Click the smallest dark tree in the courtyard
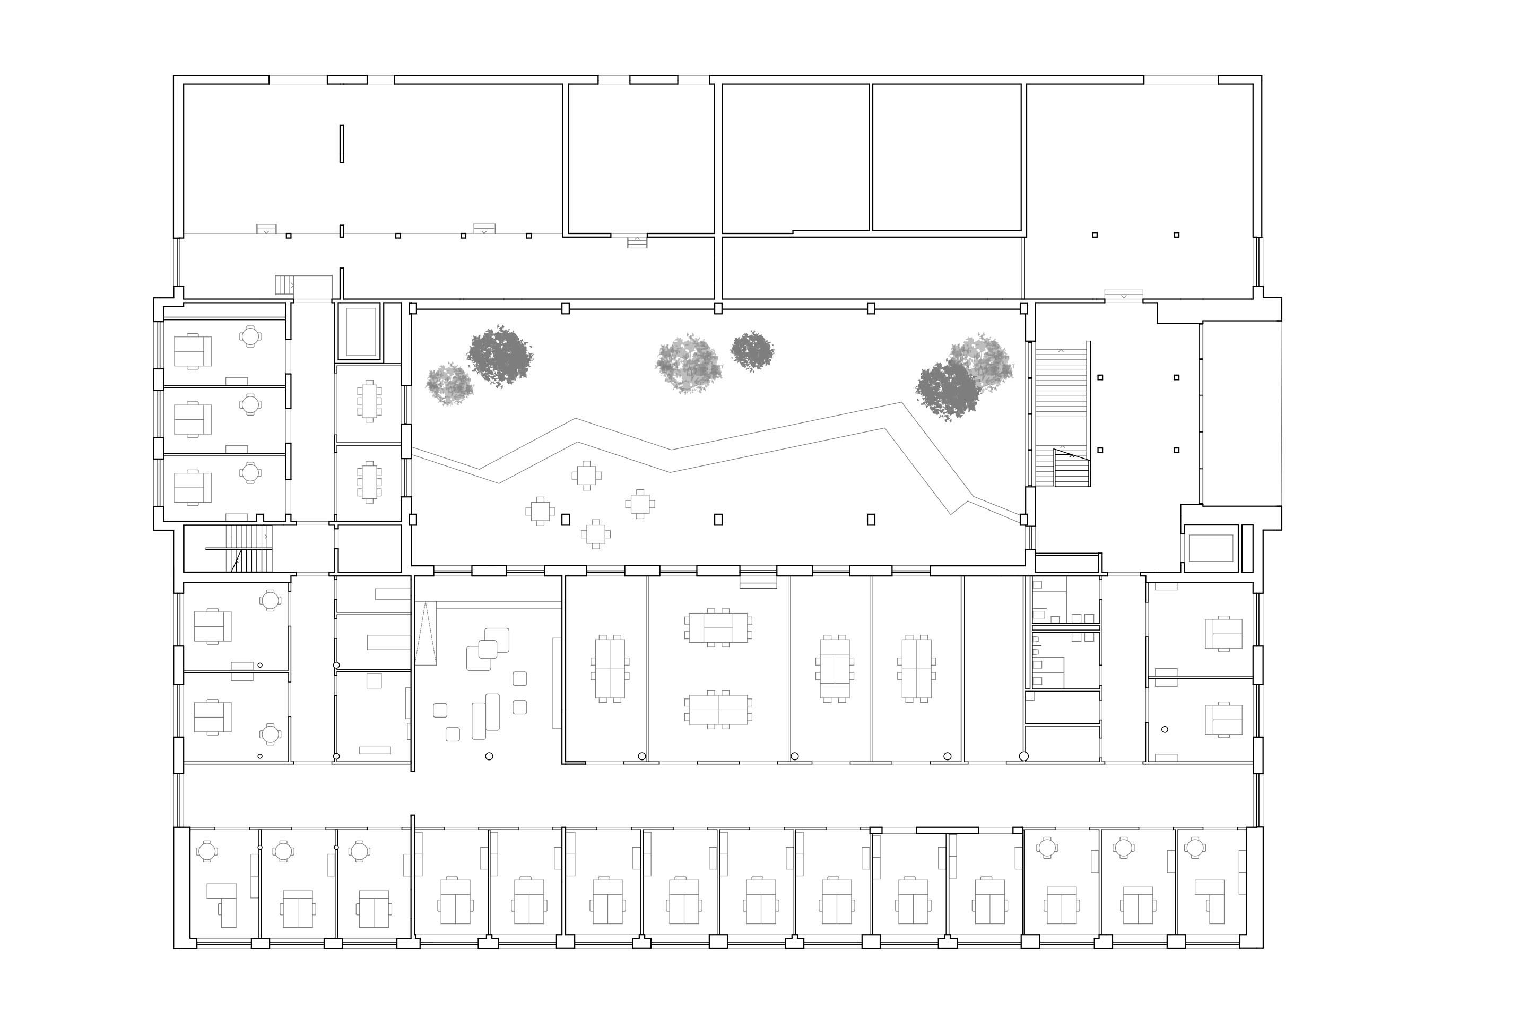coord(752,350)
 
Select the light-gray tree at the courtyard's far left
coord(449,384)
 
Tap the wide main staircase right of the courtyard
coord(1061,416)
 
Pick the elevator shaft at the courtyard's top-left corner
coord(361,331)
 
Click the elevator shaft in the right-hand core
coord(1210,548)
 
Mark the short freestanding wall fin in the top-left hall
coord(342,144)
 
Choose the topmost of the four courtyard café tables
coord(587,475)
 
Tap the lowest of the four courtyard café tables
coord(596,534)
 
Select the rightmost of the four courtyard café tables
coord(640,504)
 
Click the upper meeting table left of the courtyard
coord(369,401)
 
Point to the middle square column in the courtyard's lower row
coord(718,519)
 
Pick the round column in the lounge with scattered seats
coord(489,756)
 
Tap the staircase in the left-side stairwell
coord(249,549)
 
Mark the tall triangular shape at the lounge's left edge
coord(425,634)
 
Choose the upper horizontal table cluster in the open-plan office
coord(718,627)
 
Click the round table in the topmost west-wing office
coord(250,336)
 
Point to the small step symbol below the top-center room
coord(637,242)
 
